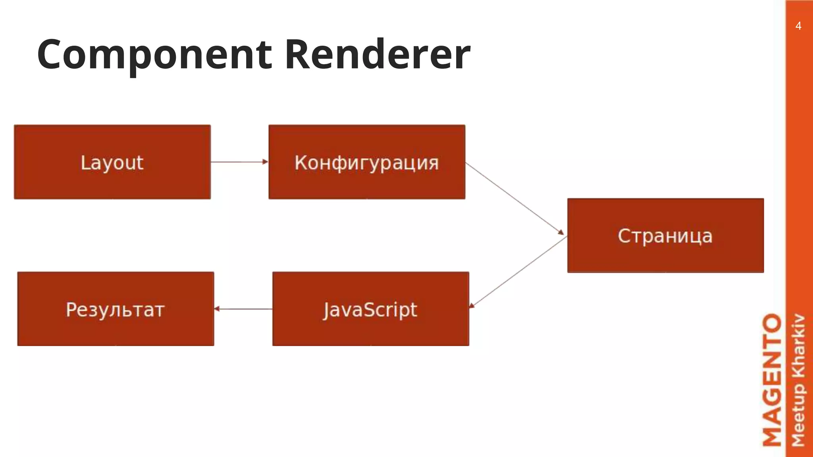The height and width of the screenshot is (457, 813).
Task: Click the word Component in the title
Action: (x=154, y=55)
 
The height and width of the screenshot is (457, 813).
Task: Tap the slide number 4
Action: (x=798, y=26)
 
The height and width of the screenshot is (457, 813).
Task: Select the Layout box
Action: (x=112, y=162)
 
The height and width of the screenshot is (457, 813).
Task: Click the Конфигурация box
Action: (x=367, y=162)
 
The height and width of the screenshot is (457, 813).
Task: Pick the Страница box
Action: (x=665, y=235)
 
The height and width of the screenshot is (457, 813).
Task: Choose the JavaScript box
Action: (x=370, y=309)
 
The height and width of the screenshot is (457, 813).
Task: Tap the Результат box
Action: (x=116, y=309)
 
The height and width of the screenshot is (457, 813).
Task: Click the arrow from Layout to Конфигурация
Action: (x=238, y=162)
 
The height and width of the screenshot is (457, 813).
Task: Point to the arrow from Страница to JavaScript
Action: (x=518, y=272)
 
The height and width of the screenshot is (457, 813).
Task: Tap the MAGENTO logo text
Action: (x=773, y=380)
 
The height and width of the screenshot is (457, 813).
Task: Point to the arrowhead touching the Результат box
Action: (x=217, y=309)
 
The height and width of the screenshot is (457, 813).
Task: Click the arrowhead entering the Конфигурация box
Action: (x=265, y=162)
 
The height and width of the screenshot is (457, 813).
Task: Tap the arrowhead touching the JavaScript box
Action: (x=472, y=305)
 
